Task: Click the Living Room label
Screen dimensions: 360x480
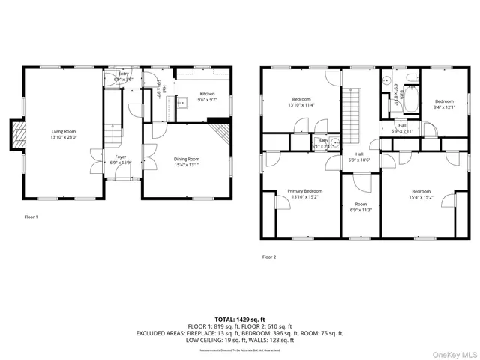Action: coord(63,132)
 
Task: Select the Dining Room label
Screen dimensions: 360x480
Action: coord(187,159)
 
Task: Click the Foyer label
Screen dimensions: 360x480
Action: coord(120,157)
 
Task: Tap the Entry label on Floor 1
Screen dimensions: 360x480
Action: coord(124,73)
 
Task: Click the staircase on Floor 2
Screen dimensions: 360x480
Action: coord(352,112)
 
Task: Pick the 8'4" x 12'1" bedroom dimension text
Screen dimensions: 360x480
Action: coord(444,106)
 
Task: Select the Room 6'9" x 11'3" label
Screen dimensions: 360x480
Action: coord(361,207)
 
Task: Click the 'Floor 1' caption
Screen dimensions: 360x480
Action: coord(31,217)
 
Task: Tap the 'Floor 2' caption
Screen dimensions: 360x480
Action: coord(269,256)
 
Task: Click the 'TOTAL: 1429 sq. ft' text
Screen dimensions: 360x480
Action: coord(239,319)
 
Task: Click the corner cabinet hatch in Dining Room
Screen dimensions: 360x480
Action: coord(220,133)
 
